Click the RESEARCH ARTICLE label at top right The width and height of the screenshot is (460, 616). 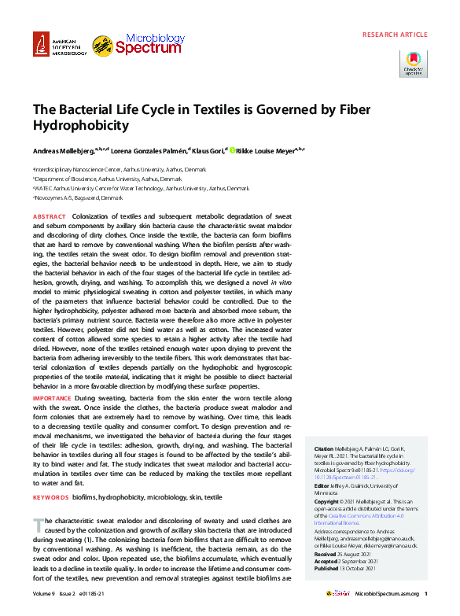coord(395,35)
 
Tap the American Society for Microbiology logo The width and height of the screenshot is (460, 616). coord(58,46)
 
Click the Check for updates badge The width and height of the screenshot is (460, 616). coord(414,63)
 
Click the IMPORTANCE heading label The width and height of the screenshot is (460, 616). coord(52,399)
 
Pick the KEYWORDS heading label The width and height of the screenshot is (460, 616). coord(50,497)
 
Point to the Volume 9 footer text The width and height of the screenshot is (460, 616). coord(46,595)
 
